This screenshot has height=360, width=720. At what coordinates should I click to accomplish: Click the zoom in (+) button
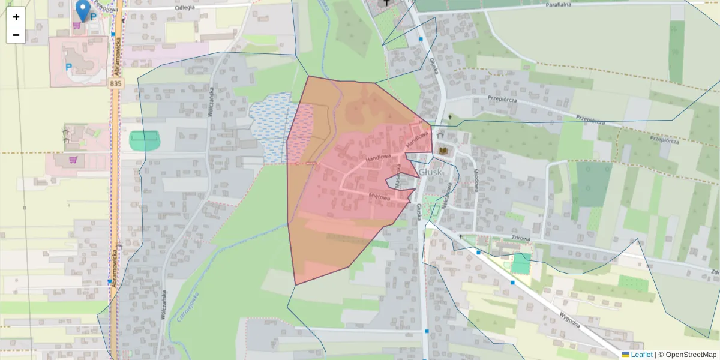click(16, 17)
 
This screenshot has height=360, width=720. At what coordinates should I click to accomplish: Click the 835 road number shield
click(116, 83)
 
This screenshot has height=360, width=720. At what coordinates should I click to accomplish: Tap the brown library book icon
click(443, 150)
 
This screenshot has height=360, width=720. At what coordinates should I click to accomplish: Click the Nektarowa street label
click(447, 195)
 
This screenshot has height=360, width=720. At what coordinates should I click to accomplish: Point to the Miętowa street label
click(380, 196)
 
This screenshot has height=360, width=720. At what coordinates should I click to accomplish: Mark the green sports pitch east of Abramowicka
click(145, 140)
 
